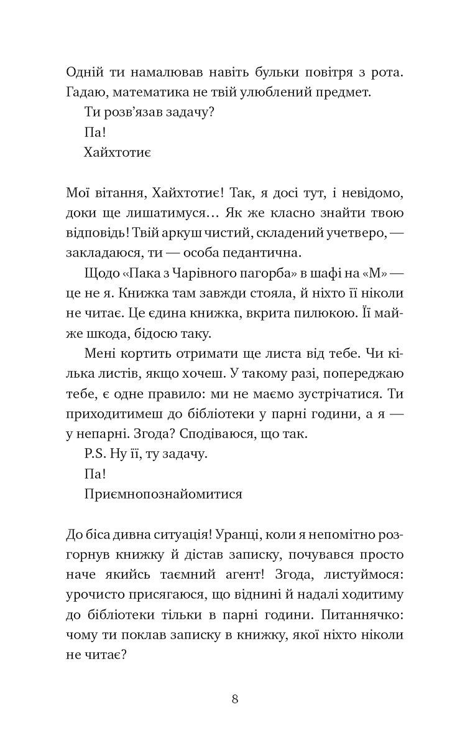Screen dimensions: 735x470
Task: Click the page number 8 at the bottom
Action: point(235,698)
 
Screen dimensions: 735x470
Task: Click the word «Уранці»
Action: point(239,535)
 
